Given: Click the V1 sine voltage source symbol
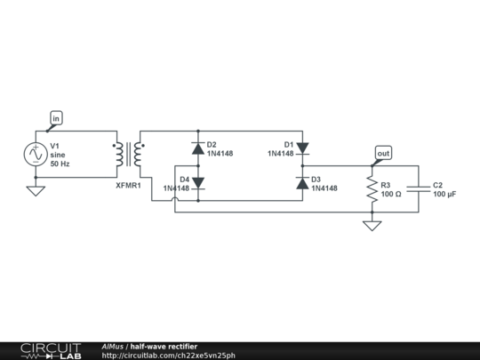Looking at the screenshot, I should (x=36, y=155).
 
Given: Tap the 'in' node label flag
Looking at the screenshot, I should (x=56, y=117).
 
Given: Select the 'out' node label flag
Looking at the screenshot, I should (x=383, y=153).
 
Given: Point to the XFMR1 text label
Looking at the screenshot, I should (x=128, y=185).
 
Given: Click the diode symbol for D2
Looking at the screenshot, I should (x=197, y=148).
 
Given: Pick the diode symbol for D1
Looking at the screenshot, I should (x=302, y=148).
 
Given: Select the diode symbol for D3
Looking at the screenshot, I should (x=302, y=182).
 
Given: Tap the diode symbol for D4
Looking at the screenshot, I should (x=197, y=182).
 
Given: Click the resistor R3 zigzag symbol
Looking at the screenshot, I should (x=372, y=188).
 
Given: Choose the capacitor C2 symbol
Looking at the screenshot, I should (x=418, y=188).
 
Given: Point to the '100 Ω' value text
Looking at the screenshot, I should (x=391, y=194).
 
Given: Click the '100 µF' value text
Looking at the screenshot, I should (x=445, y=194).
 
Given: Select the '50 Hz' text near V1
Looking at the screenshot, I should (x=60, y=164).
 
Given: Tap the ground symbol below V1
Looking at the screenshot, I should (x=36, y=189).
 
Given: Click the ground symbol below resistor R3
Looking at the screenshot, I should (x=372, y=225).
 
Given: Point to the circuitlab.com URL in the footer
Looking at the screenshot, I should (x=169, y=356).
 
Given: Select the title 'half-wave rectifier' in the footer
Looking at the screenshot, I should (x=164, y=346).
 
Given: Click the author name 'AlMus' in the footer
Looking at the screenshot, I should (x=112, y=346).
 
